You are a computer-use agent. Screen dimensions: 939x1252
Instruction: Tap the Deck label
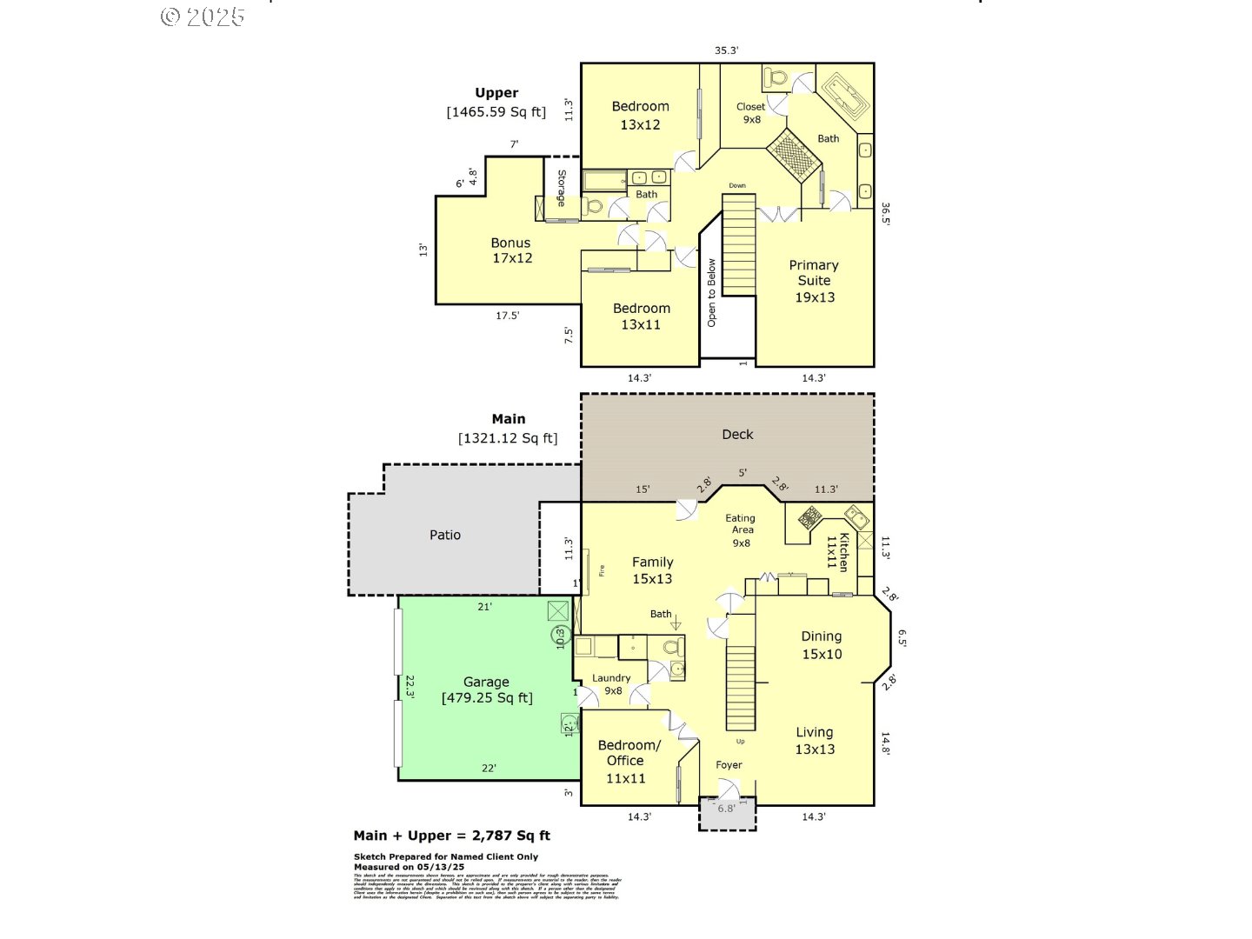737,435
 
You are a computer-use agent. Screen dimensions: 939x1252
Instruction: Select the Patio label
445,536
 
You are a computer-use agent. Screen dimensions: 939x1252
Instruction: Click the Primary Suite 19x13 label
814,281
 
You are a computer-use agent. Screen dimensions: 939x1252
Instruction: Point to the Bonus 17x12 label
511,250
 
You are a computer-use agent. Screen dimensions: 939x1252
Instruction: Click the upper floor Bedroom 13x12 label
640,116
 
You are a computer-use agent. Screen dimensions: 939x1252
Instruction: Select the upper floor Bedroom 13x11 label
641,316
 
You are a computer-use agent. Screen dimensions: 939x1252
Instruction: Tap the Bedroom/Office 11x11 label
628,761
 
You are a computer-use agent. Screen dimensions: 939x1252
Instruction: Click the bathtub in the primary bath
845,96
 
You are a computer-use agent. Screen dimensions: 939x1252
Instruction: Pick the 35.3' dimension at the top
726,50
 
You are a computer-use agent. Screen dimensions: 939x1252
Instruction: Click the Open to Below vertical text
711,292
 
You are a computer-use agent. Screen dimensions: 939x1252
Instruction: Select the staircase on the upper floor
739,244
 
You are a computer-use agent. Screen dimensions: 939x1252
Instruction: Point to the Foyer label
729,765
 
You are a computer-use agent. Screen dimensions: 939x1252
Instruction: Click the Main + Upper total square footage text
451,836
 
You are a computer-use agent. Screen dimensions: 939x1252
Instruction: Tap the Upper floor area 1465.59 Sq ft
496,112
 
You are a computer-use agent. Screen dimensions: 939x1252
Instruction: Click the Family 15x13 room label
652,570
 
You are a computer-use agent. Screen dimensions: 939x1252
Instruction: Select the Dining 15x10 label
822,645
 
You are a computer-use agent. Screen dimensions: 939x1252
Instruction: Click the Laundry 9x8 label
611,684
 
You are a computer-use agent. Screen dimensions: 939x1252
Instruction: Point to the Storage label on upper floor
562,188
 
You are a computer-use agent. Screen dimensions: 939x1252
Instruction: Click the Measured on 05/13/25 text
409,867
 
